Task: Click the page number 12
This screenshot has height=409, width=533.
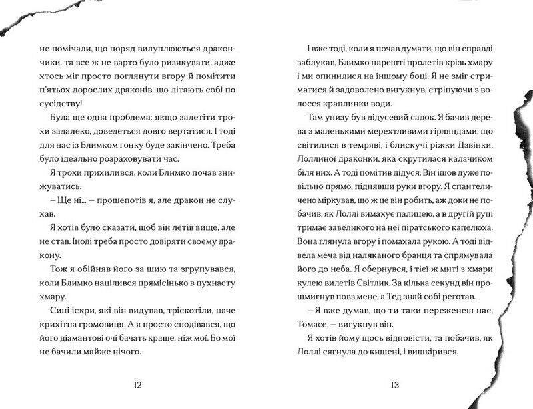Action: [138, 385]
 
